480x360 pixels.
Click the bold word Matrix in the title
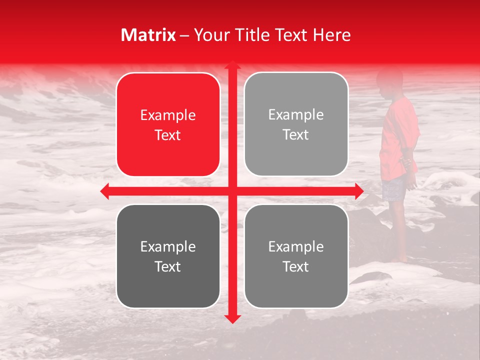(148, 35)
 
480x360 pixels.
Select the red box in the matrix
(168, 124)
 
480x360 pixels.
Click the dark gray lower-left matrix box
(168, 256)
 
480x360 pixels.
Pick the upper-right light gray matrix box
(296, 124)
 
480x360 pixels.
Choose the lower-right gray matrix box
(296, 256)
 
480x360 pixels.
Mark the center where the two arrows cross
(232, 190)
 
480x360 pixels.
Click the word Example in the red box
(168, 115)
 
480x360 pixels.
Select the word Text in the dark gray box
(168, 266)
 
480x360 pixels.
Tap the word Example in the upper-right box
(296, 115)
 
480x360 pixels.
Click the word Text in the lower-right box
(296, 266)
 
